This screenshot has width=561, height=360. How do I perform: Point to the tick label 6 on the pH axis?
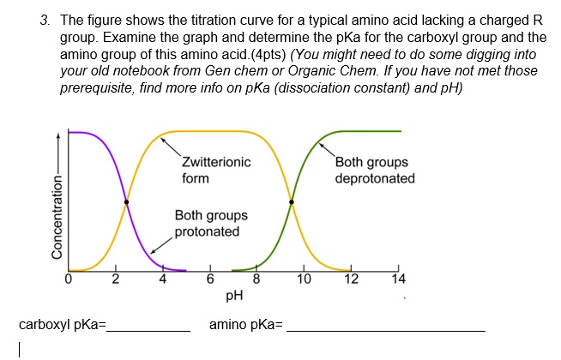[x=209, y=278]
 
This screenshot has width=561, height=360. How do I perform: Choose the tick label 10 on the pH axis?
[x=304, y=278]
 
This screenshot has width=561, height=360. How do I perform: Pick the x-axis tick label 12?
[x=352, y=278]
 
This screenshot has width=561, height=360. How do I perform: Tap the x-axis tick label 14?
[x=397, y=278]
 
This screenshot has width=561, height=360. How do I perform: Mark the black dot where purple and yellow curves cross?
[x=127, y=202]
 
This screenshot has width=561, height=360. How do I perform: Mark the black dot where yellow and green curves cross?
[x=292, y=202]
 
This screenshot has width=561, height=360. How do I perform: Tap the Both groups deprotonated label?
[x=375, y=171]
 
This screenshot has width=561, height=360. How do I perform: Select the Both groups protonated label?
[x=211, y=223]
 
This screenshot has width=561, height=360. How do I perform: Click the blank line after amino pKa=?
[x=386, y=327]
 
